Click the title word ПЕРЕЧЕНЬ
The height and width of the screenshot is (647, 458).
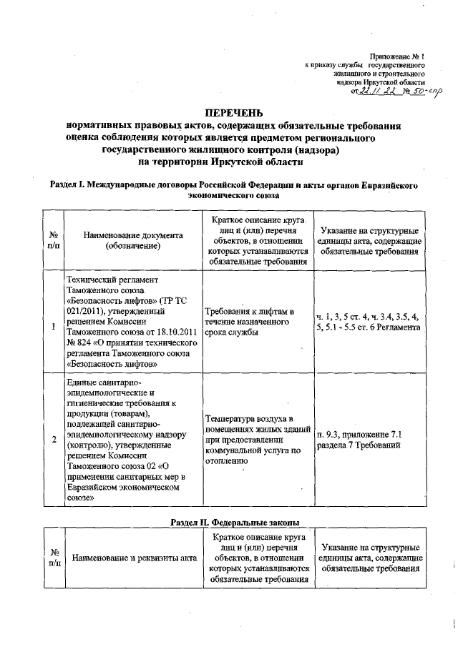pyautogui.click(x=234, y=113)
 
